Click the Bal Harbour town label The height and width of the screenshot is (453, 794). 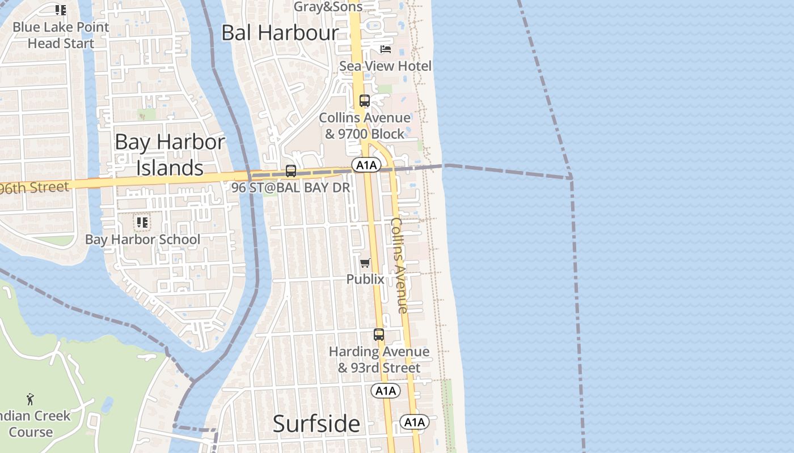(280, 32)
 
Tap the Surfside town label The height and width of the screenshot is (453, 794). (316, 424)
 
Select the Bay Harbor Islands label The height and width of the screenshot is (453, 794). (170, 155)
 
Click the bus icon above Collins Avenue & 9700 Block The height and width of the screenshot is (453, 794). (365, 101)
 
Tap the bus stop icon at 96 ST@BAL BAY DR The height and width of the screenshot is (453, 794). (291, 170)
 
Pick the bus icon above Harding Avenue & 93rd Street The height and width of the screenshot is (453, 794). (379, 335)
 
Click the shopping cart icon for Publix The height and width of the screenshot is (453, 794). (365, 263)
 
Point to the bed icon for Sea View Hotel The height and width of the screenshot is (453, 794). (386, 49)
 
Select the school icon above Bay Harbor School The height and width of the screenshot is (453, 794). (142, 223)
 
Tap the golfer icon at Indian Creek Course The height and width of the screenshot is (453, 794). (30, 399)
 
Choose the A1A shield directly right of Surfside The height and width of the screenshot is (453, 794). (415, 422)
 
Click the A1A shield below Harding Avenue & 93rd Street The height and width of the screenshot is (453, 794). (386, 391)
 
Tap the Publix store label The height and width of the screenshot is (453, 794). (365, 279)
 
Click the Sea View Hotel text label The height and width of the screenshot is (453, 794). (385, 66)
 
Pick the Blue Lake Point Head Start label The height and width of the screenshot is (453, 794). (61, 35)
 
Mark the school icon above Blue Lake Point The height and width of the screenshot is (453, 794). (61, 10)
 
